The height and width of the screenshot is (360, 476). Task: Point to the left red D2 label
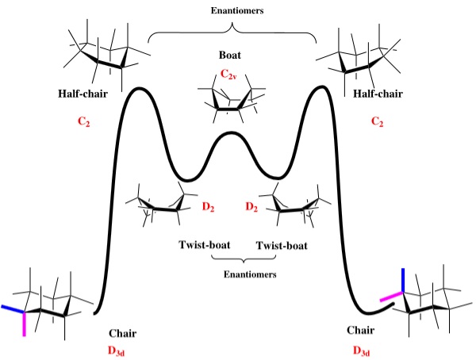tap(208, 208)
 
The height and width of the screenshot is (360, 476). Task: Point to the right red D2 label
tap(251, 208)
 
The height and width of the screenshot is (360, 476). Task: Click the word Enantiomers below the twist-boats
tap(244, 274)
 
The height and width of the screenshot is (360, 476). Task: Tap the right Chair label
tap(361, 328)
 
